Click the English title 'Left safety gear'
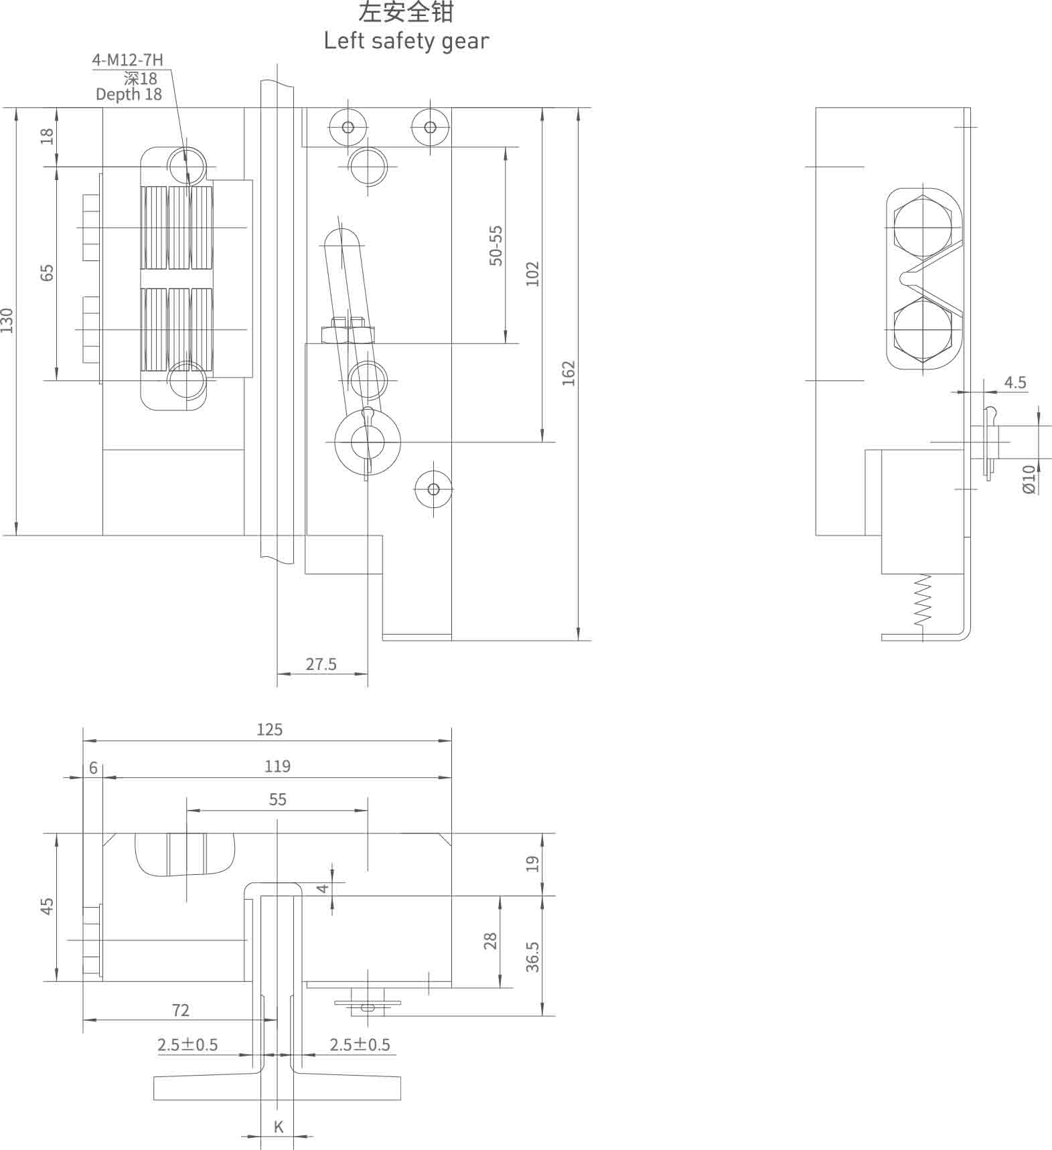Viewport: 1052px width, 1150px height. pyautogui.click(x=406, y=42)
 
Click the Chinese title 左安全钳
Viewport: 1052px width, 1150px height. pyautogui.click(x=406, y=13)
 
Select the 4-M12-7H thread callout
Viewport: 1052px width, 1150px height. pyautogui.click(x=127, y=60)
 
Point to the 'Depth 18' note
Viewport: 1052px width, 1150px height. pyautogui.click(x=129, y=94)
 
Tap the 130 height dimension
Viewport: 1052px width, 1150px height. pyautogui.click(x=7, y=321)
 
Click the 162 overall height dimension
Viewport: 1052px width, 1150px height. pyautogui.click(x=569, y=373)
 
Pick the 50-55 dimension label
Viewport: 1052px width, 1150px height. pyautogui.click(x=496, y=246)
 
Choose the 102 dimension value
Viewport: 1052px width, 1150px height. pyautogui.click(x=532, y=274)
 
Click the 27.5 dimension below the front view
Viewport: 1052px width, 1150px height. pyautogui.click(x=321, y=664)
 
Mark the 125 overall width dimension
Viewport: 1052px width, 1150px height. pyautogui.click(x=269, y=730)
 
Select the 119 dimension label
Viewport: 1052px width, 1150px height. pyautogui.click(x=277, y=766)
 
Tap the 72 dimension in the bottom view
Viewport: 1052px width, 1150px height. pyautogui.click(x=181, y=1010)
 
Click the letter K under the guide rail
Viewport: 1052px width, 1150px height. pyautogui.click(x=279, y=1127)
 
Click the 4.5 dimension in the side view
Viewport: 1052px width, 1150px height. pyautogui.click(x=1015, y=382)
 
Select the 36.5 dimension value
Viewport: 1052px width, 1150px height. pyautogui.click(x=532, y=957)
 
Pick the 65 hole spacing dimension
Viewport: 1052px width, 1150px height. pyautogui.click(x=47, y=272)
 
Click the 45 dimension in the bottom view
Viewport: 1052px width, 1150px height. pyautogui.click(x=47, y=906)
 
